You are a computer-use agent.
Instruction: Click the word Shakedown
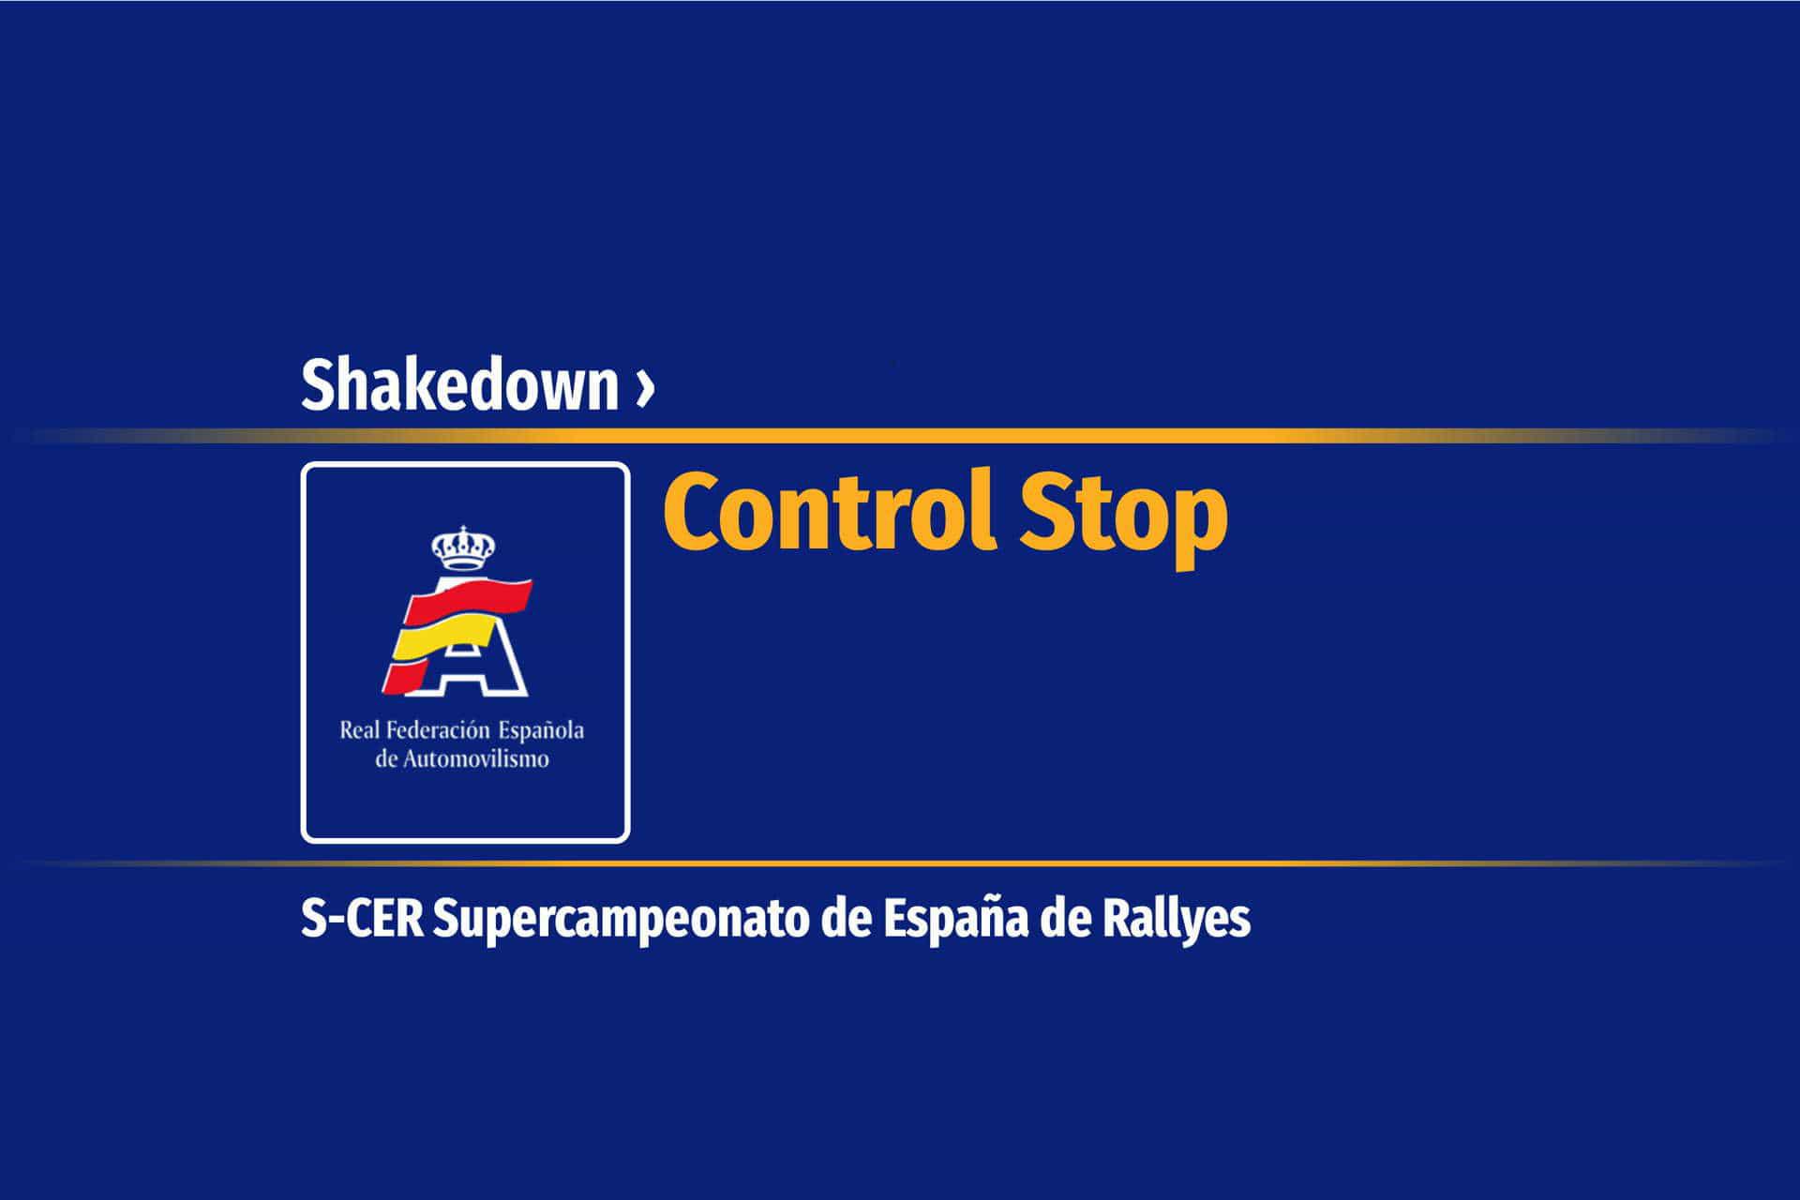[459, 383]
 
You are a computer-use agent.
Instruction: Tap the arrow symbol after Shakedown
[643, 386]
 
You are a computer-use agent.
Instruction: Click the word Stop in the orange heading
[1123, 519]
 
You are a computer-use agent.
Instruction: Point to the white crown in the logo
[462, 547]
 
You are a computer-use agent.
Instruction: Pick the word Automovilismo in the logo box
[475, 758]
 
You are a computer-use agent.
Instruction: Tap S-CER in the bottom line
[362, 919]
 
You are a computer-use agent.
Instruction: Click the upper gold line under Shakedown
[900, 436]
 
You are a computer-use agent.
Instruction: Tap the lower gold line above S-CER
[900, 862]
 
